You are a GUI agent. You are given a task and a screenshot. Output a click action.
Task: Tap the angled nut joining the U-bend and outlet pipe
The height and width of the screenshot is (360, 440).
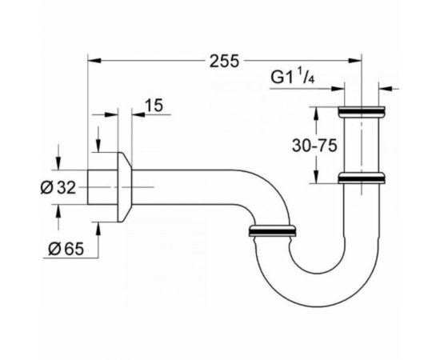(274, 232)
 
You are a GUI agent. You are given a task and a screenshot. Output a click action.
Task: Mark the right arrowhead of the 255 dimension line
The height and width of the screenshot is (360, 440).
(357, 60)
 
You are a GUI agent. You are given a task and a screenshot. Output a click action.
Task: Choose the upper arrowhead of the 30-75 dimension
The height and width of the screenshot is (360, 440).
(318, 112)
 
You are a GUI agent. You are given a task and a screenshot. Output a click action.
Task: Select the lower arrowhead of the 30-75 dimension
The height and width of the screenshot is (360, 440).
(318, 174)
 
